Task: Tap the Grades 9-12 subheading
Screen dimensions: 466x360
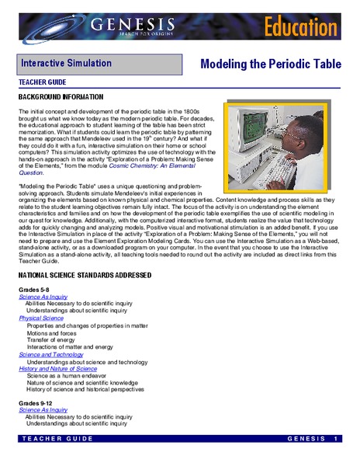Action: [37, 408]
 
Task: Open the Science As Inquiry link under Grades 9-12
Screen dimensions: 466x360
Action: [43, 416]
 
